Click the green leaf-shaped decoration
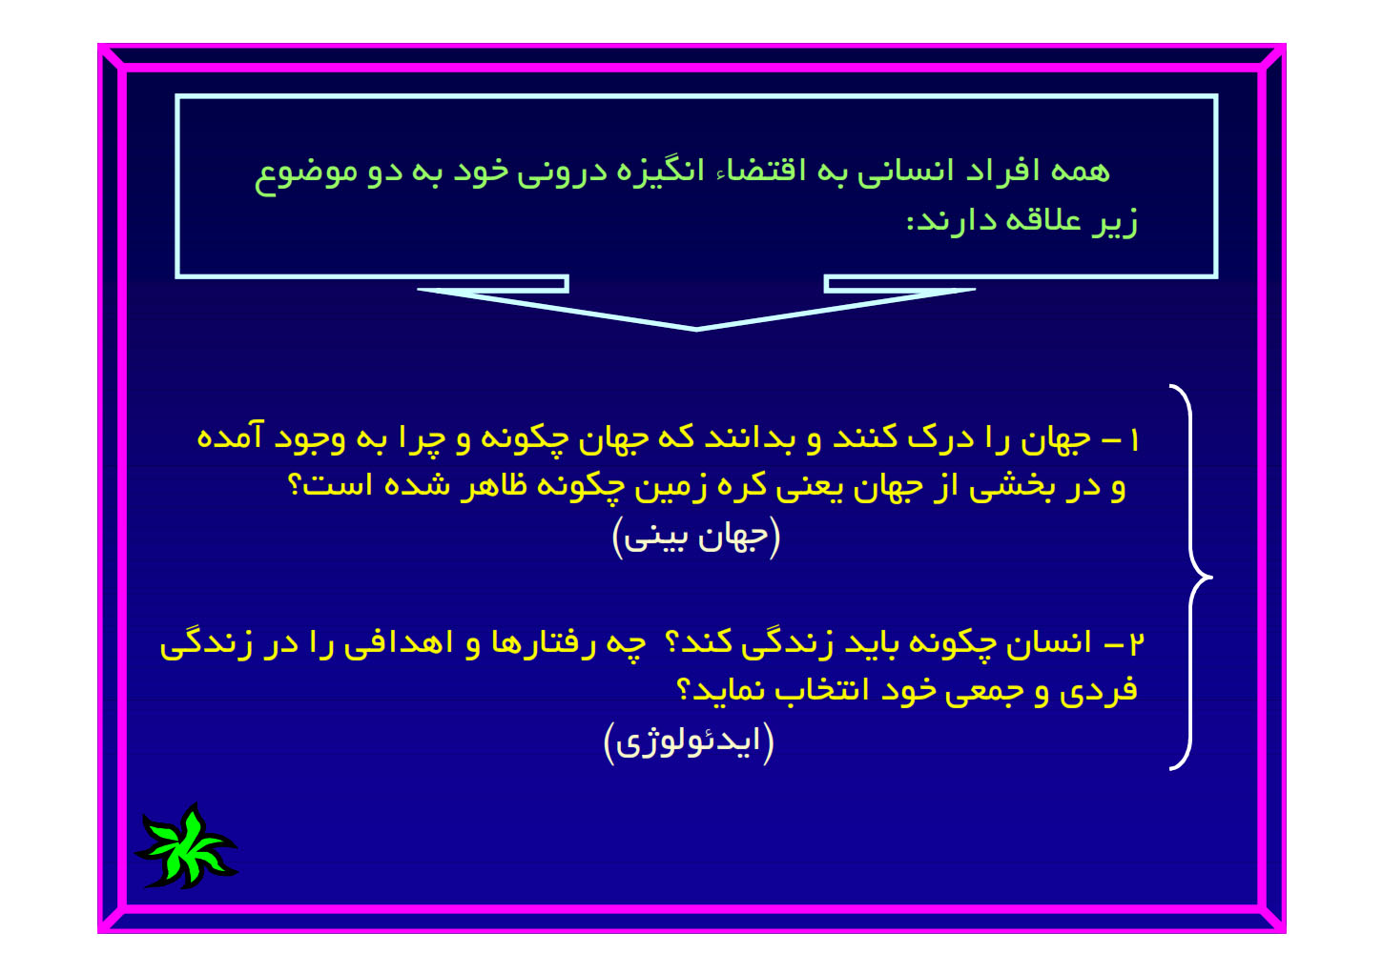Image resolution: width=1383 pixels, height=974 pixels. click(185, 846)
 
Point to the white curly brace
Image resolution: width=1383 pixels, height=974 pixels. click(1190, 578)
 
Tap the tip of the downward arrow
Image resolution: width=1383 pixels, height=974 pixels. click(696, 330)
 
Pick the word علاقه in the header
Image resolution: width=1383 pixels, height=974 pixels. click(1043, 221)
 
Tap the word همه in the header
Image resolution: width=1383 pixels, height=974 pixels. click(1080, 171)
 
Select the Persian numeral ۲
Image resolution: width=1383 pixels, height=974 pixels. click(1137, 643)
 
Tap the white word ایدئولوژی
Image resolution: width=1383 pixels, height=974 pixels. click(689, 742)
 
